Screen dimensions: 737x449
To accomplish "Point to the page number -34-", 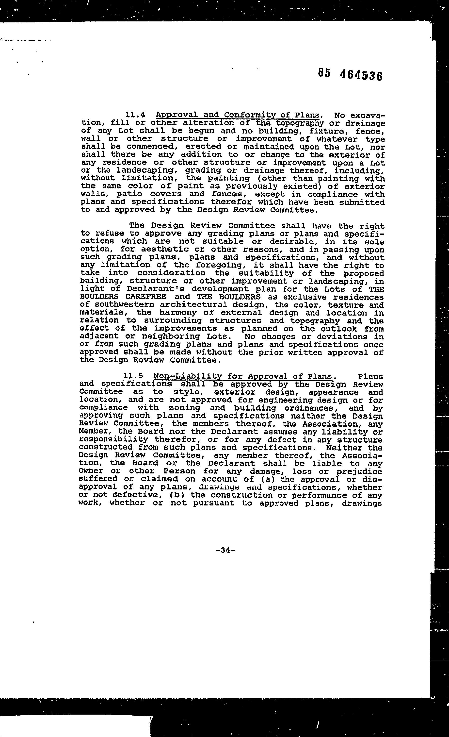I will [x=225, y=550].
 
